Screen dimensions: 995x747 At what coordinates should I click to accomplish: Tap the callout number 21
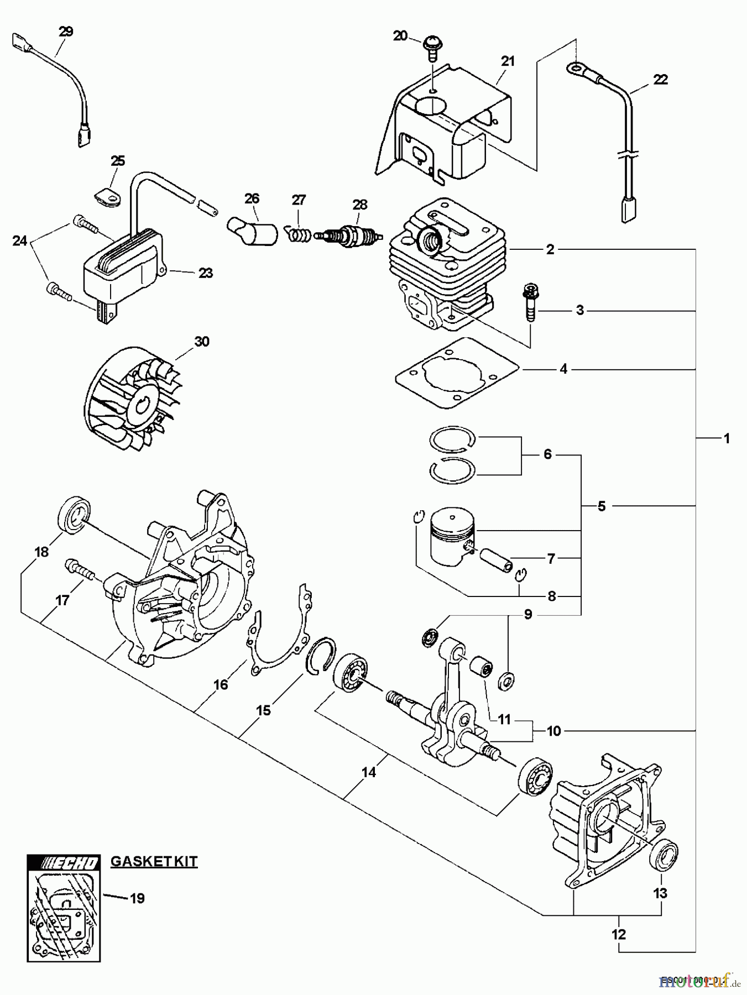[x=508, y=61]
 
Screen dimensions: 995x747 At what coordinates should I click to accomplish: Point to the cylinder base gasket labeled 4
[x=457, y=374]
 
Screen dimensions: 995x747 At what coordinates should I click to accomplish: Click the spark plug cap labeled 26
[x=252, y=232]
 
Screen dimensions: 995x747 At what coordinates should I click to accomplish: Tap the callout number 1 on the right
[x=727, y=438]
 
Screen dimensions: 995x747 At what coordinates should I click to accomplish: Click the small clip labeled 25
[x=107, y=195]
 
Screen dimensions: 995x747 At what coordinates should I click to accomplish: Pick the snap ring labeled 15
[x=320, y=656]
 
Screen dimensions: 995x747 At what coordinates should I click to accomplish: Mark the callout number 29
[x=65, y=32]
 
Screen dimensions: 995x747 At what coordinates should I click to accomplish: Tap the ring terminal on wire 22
[x=576, y=69]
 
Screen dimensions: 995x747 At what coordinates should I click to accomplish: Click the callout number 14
[x=369, y=772]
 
